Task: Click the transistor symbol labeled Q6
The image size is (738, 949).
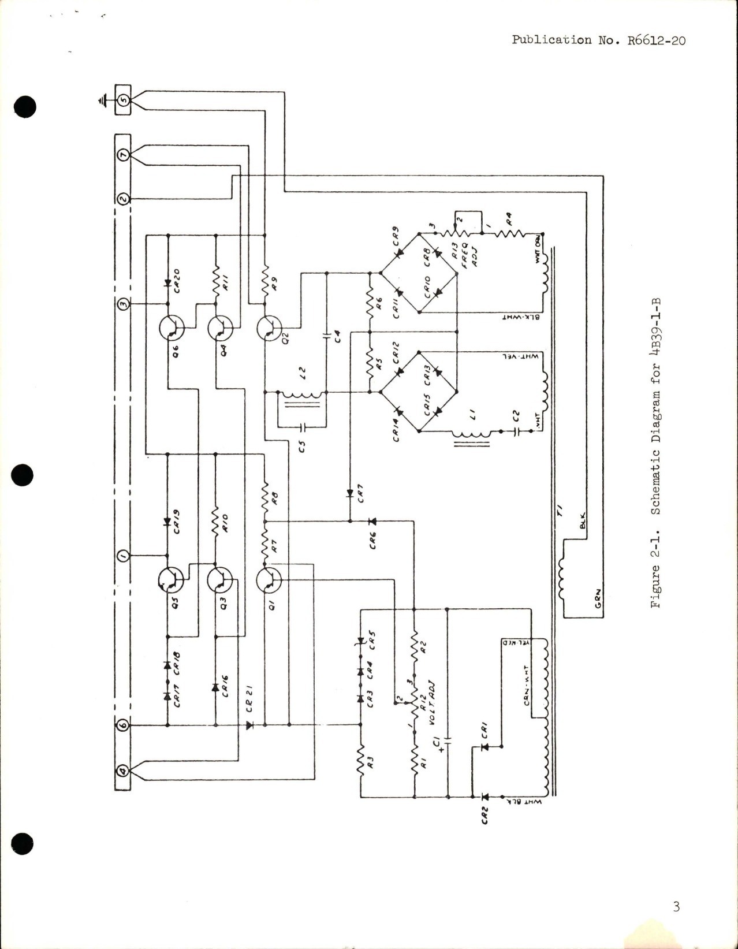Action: click(x=172, y=329)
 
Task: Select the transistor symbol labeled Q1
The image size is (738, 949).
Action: click(x=268, y=580)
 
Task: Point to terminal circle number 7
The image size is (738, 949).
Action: click(x=123, y=155)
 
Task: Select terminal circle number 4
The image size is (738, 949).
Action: click(x=123, y=771)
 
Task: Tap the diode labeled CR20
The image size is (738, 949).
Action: click(x=167, y=284)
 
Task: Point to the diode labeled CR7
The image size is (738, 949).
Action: click(x=350, y=493)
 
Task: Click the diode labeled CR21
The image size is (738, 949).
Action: click(x=249, y=725)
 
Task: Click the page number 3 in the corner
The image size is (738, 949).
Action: click(x=676, y=907)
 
